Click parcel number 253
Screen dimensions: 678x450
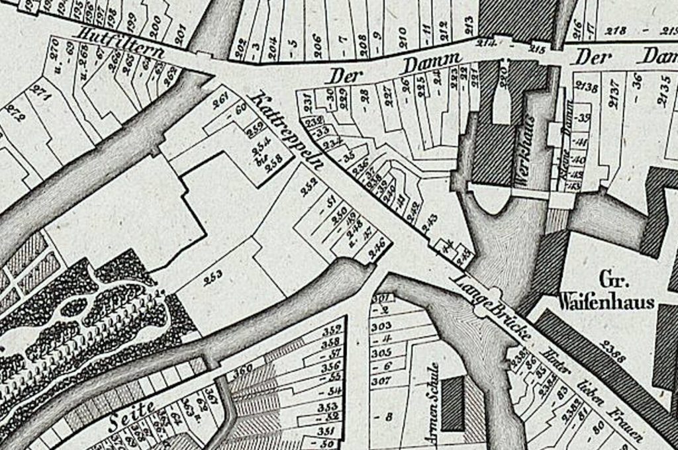click(x=213, y=276)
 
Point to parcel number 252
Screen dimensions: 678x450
click(x=309, y=190)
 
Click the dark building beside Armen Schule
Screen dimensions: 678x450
click(x=452, y=404)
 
